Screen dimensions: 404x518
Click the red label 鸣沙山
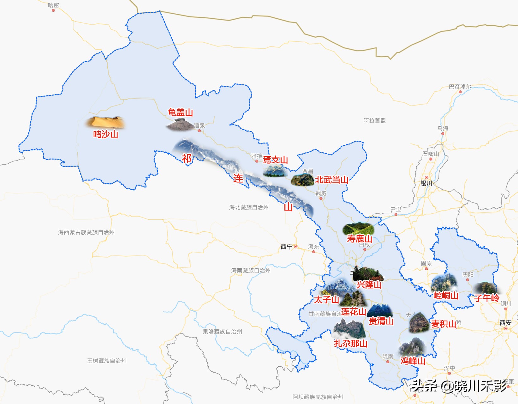click(105, 134)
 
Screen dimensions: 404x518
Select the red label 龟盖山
click(180, 112)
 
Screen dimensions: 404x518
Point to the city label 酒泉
click(199, 125)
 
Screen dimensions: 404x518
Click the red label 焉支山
click(275, 160)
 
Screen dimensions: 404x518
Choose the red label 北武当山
click(331, 180)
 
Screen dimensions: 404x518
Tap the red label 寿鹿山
click(360, 239)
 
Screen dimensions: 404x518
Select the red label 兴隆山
click(369, 285)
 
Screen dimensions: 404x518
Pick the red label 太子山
click(326, 299)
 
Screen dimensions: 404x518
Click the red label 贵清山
click(381, 321)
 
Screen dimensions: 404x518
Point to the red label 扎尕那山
click(351, 343)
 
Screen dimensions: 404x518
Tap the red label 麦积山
click(444, 324)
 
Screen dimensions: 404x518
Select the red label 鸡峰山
click(413, 361)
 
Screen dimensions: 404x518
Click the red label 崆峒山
click(446, 296)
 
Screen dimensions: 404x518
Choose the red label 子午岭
click(486, 298)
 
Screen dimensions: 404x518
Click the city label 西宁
click(287, 247)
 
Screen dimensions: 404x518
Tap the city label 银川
click(426, 183)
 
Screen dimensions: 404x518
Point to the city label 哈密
click(53, 5)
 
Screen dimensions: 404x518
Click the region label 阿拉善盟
click(374, 120)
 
